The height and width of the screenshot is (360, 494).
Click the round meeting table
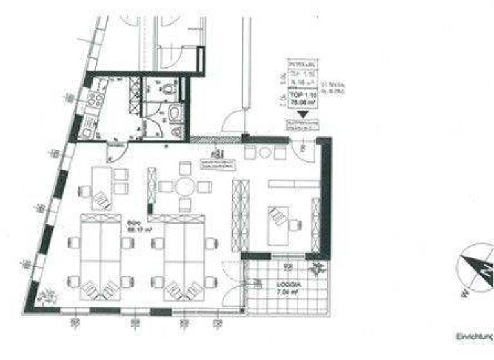185,187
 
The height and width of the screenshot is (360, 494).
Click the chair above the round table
185,168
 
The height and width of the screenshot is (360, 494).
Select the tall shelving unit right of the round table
240,215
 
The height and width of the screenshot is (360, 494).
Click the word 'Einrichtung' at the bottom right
473,336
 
